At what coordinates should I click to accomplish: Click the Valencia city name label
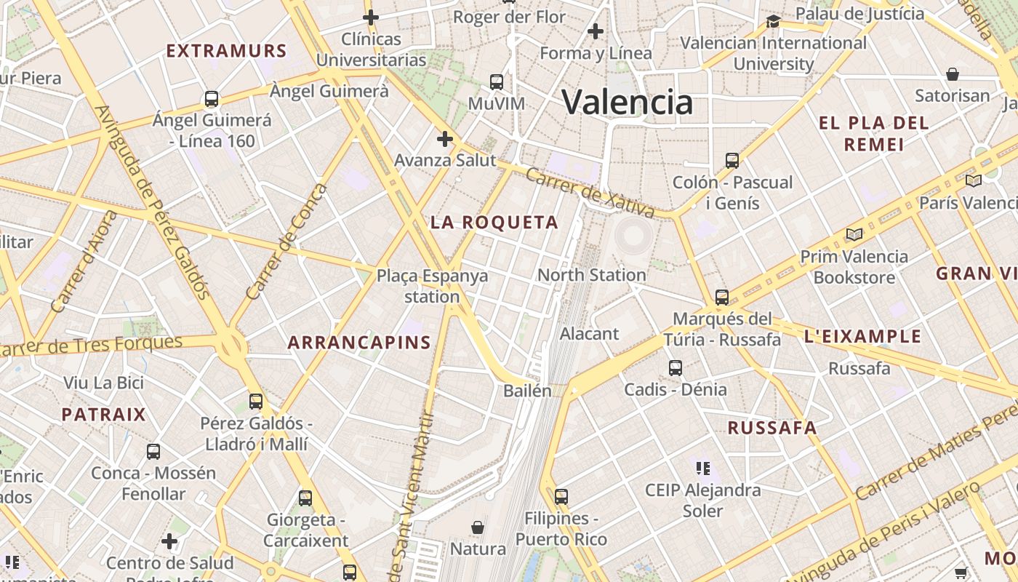click(627, 102)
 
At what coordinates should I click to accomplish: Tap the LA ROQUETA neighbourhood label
click(494, 223)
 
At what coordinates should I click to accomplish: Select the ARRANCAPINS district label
click(359, 342)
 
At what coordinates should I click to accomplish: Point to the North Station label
click(591, 275)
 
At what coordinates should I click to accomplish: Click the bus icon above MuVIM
click(497, 81)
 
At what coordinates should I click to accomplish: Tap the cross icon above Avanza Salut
click(444, 138)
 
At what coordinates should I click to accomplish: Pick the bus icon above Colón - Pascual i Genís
click(732, 161)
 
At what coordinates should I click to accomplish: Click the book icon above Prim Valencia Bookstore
click(854, 234)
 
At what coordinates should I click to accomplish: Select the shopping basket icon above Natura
click(478, 527)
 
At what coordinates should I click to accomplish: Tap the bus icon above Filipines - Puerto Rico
click(561, 497)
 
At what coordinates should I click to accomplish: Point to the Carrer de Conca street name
click(287, 242)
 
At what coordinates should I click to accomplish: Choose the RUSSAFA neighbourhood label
click(772, 428)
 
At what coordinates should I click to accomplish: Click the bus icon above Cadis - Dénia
click(676, 368)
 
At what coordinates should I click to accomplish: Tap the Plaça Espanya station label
click(432, 286)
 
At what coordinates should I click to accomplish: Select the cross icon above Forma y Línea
click(596, 31)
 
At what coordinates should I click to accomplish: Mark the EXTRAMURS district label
click(227, 51)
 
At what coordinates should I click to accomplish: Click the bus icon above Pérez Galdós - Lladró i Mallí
click(256, 402)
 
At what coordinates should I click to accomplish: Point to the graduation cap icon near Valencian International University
click(773, 21)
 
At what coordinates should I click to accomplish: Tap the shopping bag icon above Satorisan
click(953, 74)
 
